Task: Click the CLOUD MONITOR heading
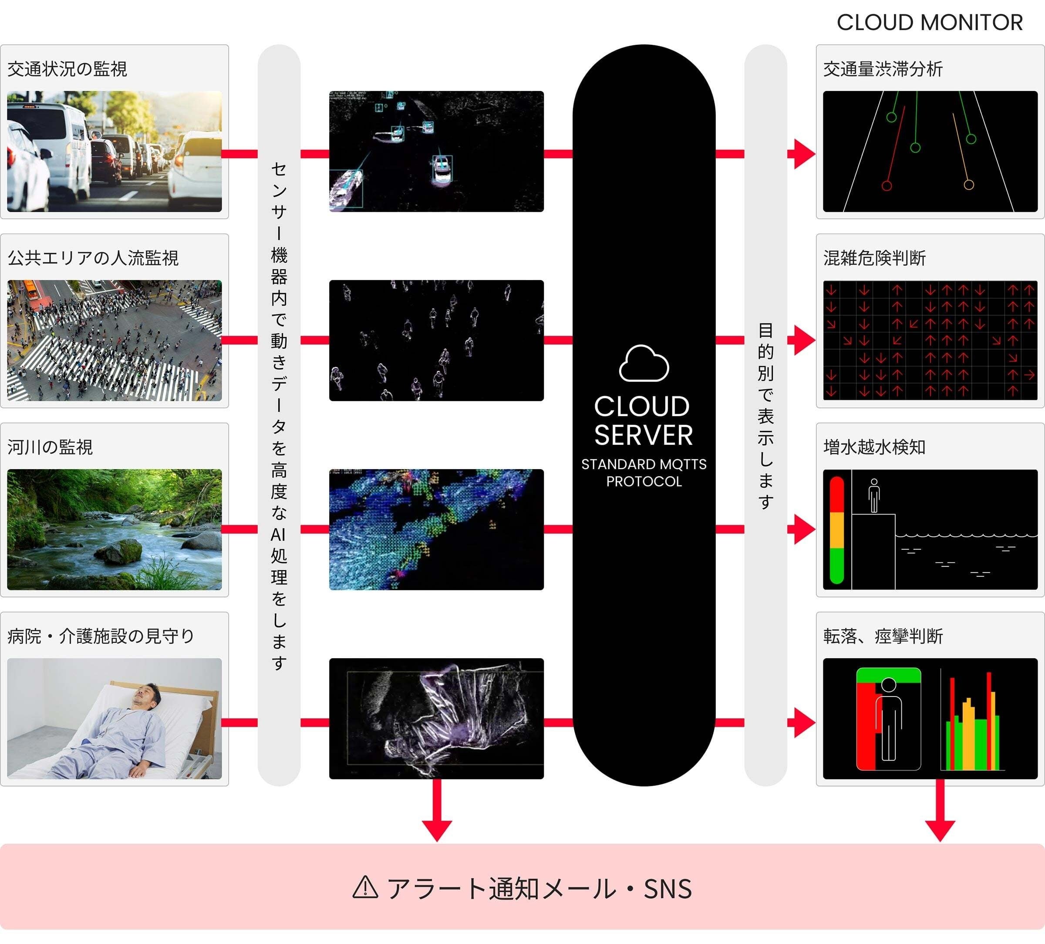930,22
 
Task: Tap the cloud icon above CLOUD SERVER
644,364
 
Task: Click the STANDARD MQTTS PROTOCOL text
644,473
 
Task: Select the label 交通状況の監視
67,69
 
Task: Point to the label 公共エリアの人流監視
93,258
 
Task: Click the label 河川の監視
50,447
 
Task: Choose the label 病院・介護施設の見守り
101,636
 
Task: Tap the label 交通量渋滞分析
883,69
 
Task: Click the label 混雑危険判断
874,258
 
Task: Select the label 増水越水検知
874,447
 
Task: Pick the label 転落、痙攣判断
883,636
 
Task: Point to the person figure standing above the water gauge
874,495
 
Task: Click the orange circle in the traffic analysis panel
968,185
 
